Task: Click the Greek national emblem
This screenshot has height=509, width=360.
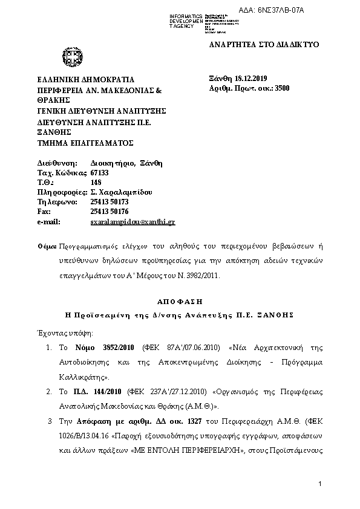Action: (x=68, y=59)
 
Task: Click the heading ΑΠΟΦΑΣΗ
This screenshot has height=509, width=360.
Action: (x=180, y=301)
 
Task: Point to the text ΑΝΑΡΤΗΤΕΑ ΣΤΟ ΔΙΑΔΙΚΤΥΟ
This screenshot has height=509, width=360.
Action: (x=263, y=45)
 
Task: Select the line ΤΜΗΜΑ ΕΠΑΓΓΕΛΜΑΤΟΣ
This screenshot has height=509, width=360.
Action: (x=85, y=143)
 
